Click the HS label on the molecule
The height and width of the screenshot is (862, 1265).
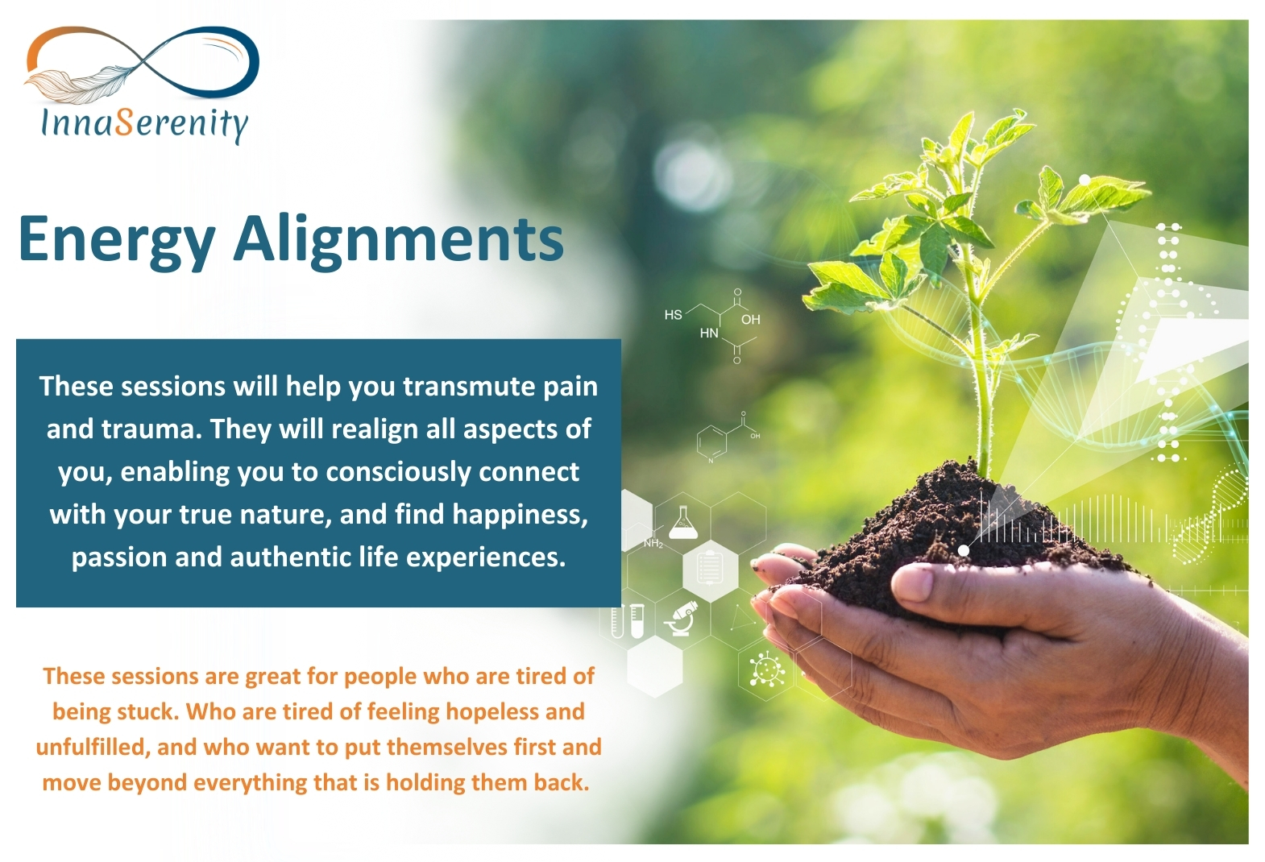point(673,315)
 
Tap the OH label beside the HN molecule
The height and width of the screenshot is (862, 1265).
point(750,320)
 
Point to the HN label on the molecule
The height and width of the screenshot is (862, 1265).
point(709,334)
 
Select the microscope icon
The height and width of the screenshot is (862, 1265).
point(682,619)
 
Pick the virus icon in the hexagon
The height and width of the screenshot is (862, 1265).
point(768,669)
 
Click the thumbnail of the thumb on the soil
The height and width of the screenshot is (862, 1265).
point(912,582)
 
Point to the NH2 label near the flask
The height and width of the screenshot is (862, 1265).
point(653,544)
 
